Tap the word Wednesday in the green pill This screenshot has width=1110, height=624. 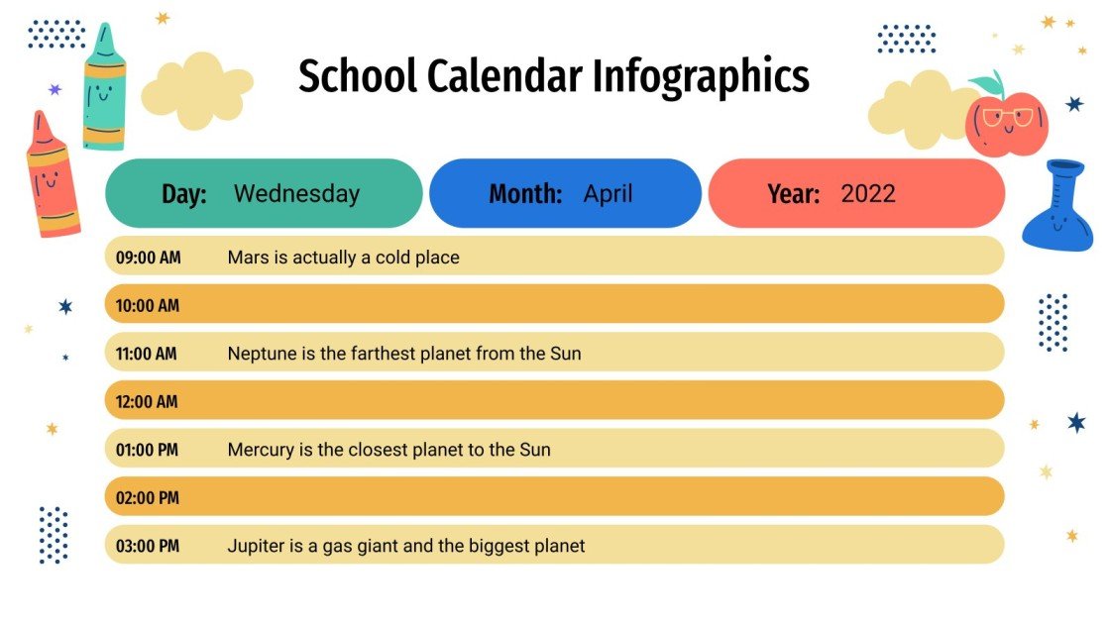click(x=296, y=194)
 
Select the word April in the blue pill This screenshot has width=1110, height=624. click(x=608, y=194)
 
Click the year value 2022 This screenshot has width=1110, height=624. click(x=868, y=194)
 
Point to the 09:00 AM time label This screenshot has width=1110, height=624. click(x=148, y=258)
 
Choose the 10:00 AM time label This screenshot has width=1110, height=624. click(x=148, y=306)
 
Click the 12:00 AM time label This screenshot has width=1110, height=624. click(x=147, y=402)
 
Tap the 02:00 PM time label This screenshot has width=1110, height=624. click(x=148, y=498)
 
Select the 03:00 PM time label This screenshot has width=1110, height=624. click(x=148, y=546)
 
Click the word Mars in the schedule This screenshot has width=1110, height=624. click(x=248, y=258)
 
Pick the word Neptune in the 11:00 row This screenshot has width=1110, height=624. click(x=262, y=354)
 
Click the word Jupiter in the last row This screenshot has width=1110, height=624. click(x=256, y=546)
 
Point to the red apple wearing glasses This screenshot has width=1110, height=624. click(x=1007, y=125)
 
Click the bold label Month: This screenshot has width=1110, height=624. click(x=525, y=194)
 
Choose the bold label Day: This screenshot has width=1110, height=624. click(x=184, y=194)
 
